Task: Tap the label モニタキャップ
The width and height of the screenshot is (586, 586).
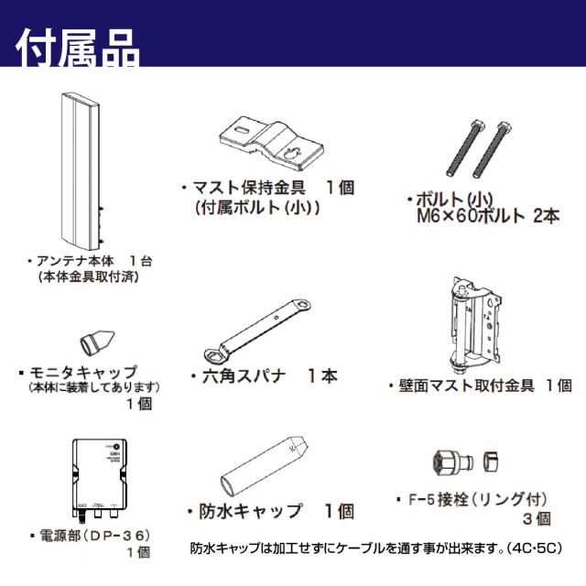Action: click(x=82, y=373)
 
